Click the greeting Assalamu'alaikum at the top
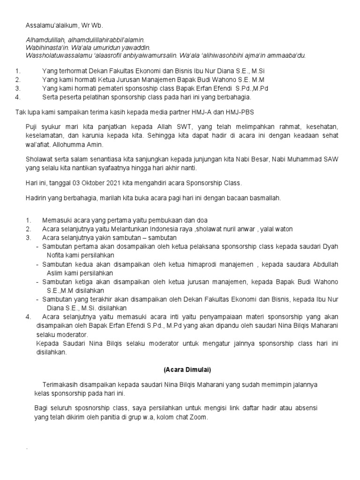[x=50, y=25]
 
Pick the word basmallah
[x=265, y=198]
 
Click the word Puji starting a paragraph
[x=32, y=127]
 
